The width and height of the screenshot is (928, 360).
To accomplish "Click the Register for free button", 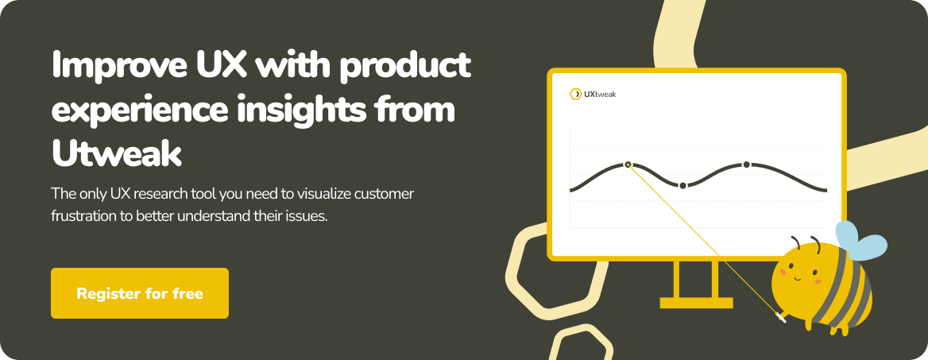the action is point(140,293).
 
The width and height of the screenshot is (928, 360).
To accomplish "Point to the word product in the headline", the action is point(405,66).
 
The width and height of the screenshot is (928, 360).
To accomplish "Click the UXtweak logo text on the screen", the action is point(600,94).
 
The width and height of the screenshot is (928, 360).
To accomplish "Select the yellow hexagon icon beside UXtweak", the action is point(575,94).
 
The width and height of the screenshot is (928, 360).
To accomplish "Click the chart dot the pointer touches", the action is point(628,165).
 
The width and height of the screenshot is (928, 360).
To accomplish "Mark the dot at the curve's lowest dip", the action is point(683,185).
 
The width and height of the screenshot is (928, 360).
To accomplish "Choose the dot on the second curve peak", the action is point(746,165).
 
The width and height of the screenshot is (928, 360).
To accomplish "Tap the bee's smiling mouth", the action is point(796,277).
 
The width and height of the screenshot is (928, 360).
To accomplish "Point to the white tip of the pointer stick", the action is point(781,319).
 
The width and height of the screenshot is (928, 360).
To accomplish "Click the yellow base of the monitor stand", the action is point(696,303).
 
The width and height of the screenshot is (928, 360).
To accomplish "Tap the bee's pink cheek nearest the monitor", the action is point(783,272).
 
